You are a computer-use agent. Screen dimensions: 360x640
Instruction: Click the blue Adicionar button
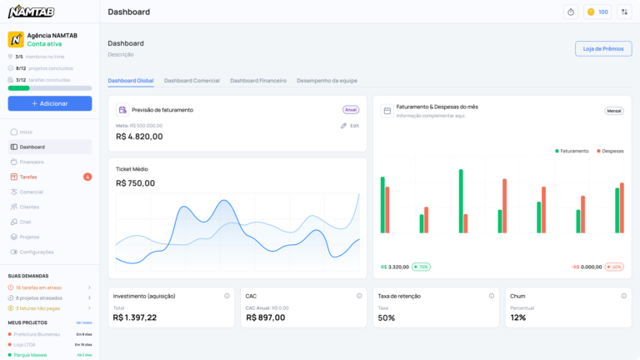50,103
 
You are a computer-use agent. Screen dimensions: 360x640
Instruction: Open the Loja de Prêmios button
602,48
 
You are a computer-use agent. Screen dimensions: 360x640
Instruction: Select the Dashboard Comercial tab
192,80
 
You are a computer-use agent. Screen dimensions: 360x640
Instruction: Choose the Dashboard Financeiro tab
258,80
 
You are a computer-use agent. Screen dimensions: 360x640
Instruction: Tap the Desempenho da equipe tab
327,80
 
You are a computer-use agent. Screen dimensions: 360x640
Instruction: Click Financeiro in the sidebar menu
32,162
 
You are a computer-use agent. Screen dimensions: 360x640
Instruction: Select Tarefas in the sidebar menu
28,177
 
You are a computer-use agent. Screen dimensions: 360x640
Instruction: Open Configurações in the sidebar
37,252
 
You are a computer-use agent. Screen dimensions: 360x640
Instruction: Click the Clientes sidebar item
29,207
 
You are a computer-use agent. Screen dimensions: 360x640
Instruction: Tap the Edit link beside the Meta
350,126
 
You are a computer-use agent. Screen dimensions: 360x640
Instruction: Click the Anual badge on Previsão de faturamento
351,109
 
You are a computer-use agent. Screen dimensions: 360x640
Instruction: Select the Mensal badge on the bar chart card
613,110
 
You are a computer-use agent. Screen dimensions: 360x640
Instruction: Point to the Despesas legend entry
610,151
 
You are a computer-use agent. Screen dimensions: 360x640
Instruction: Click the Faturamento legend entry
572,151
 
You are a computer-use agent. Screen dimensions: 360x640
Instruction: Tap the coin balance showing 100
597,12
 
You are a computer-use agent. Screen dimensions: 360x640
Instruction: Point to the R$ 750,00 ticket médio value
135,183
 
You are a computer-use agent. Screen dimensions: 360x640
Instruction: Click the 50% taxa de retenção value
387,317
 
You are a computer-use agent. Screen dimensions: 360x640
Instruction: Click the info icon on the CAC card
359,296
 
